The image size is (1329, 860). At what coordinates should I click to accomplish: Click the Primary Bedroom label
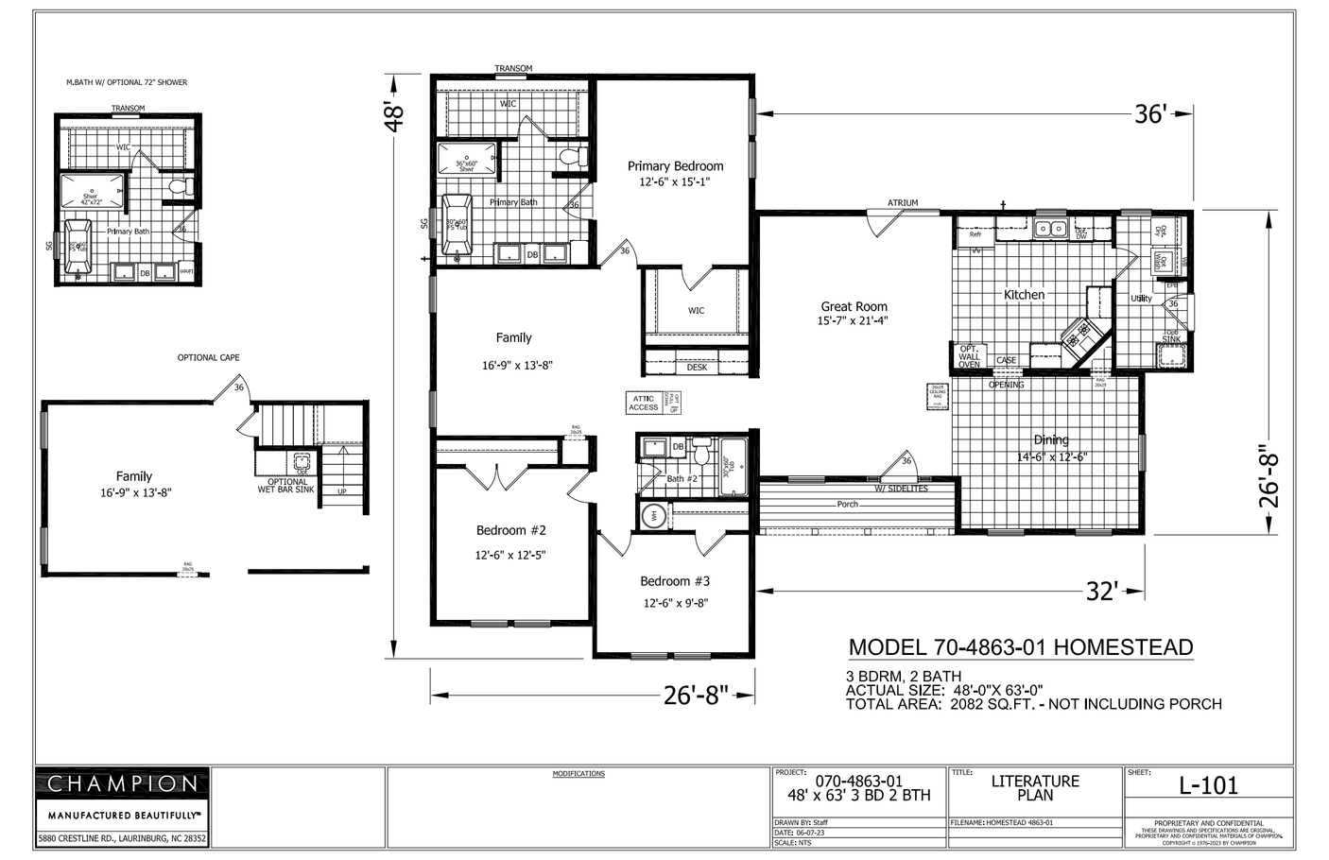(675, 166)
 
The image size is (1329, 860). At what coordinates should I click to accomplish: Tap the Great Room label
(854, 306)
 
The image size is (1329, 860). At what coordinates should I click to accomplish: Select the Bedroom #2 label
(510, 530)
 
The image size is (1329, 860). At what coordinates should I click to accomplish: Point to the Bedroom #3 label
(674, 581)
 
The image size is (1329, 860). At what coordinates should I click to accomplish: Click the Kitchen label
(1024, 295)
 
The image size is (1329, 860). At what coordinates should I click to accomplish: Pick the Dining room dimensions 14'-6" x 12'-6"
(1051, 456)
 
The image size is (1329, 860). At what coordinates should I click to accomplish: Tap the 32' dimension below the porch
(1102, 592)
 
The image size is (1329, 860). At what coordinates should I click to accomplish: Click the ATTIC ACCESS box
(644, 404)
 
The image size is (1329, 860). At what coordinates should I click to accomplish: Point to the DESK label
(697, 368)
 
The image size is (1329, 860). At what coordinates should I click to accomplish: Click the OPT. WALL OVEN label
(969, 356)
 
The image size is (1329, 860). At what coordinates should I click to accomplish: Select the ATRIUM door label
(902, 203)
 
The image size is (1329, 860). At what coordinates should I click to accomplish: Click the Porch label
(847, 505)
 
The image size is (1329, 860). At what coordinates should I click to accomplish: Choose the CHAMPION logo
(122, 783)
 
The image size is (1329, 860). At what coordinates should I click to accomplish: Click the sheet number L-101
(1208, 785)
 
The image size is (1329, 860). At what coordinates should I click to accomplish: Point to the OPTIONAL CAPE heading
(208, 358)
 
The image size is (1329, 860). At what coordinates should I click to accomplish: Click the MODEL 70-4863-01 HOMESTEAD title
(1020, 647)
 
